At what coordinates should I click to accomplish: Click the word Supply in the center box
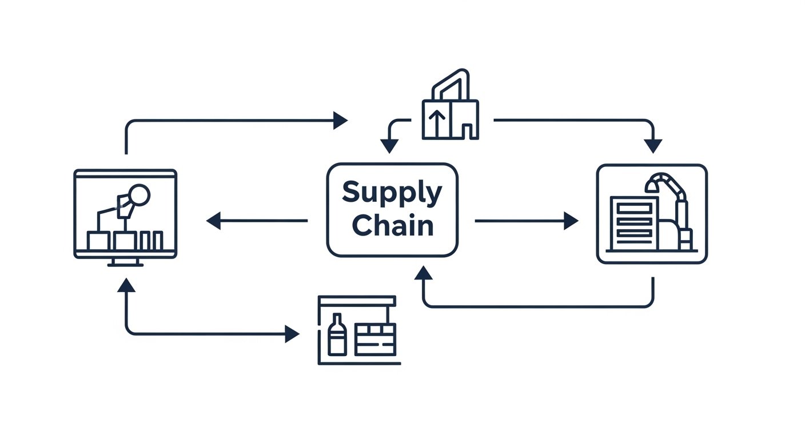392,193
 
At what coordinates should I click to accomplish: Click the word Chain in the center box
392,225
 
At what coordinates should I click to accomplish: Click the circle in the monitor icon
139,195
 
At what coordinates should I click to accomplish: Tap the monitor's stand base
125,264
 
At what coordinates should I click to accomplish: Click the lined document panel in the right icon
635,223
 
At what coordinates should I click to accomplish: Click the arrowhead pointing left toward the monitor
213,220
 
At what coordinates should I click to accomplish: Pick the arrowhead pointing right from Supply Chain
571,221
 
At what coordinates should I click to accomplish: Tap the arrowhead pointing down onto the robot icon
653,146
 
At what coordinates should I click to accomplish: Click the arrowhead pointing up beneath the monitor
126,285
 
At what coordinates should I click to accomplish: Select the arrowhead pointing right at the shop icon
292,334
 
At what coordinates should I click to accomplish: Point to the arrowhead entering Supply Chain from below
423,273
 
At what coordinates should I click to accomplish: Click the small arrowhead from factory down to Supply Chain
389,146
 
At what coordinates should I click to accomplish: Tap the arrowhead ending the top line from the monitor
340,121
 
